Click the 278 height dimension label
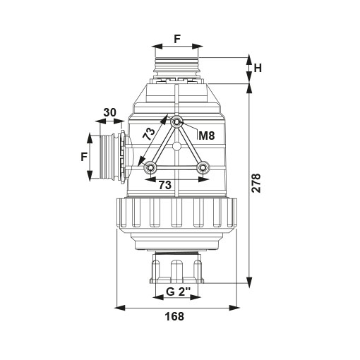tap(256, 184)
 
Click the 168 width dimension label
tap(174, 316)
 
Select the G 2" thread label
tap(178, 292)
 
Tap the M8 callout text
tap(207, 136)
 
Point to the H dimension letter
tap(258, 68)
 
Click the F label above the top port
tap(177, 39)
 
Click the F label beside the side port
tap(84, 157)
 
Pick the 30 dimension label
tap(110, 112)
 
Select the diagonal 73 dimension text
tap(149, 134)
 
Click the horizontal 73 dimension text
tap(164, 185)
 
